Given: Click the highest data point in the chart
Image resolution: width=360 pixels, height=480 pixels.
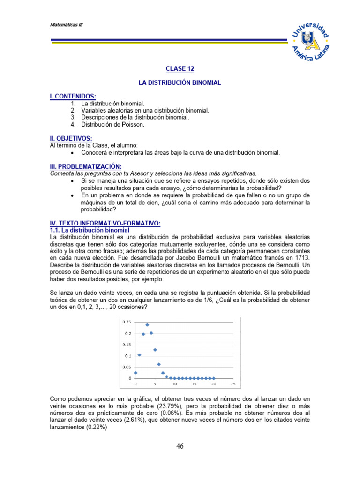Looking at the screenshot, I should [147, 325].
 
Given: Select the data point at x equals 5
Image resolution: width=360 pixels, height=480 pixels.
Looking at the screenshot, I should [155, 350].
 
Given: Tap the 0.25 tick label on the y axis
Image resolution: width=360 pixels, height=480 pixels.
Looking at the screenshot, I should [127, 322].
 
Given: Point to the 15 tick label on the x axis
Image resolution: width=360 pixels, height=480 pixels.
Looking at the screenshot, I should [194, 384].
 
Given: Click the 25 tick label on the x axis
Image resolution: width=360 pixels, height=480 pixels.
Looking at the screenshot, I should [233, 384].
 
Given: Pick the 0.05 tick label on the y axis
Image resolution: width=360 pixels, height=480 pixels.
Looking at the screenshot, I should [127, 367].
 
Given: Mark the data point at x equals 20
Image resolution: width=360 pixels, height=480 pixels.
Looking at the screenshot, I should [214, 378].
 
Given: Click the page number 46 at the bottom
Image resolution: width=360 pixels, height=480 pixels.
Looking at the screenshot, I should [180, 446].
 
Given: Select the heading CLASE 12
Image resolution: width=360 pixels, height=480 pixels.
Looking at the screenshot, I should [180, 69].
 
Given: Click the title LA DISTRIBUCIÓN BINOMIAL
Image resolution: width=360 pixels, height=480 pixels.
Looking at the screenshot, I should [180, 82].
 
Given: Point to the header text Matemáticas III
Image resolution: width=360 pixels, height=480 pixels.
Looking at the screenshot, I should [67, 25].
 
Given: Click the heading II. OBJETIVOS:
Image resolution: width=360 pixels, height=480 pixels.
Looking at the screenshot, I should [71, 138].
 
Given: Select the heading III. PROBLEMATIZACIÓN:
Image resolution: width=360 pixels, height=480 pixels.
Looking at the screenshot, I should [85, 166].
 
